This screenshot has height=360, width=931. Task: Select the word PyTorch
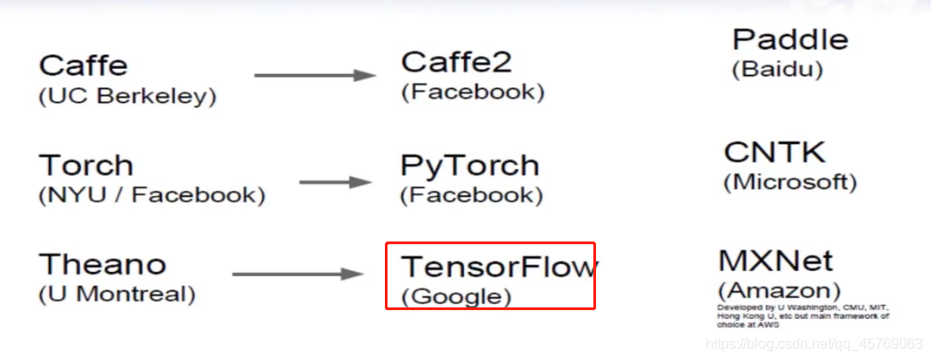coord(470,166)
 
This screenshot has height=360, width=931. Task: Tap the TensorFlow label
coord(500,266)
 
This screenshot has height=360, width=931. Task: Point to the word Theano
coord(102,265)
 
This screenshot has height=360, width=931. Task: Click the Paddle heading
coord(790,40)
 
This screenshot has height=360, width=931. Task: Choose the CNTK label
coord(775,152)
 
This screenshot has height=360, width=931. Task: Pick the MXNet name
coord(775,261)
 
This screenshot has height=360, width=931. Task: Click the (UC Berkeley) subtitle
coord(127,95)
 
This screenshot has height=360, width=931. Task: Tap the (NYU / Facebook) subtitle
coord(151,195)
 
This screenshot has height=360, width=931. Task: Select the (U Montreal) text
coord(117,292)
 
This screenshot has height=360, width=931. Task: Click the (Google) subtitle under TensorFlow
coord(456,296)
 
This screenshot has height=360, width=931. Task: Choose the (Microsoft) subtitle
coord(790,182)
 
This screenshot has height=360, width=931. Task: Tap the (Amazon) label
coord(779,290)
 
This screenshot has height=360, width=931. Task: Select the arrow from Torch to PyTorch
coord(335,182)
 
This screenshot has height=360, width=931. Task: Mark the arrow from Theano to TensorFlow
coord(298,274)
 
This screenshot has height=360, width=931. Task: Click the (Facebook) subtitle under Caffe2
coord(472,92)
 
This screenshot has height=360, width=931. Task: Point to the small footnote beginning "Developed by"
coord(802,316)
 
